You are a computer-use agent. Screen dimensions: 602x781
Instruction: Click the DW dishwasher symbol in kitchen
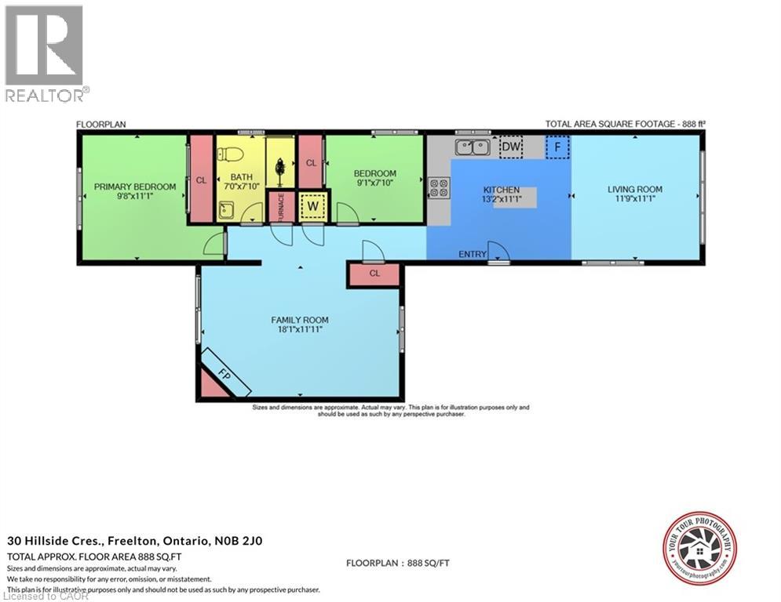(511, 147)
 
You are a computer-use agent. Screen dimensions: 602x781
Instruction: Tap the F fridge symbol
(557, 147)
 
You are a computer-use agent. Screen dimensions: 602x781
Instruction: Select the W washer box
(312, 206)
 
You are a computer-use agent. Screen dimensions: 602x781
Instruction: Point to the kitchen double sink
(474, 147)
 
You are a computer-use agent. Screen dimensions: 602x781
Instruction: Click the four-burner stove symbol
(439, 187)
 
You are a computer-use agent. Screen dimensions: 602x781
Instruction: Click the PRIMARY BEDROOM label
(135, 187)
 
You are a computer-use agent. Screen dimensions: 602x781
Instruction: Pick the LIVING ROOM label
(635, 189)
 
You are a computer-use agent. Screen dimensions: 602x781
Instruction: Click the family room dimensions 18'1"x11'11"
(300, 330)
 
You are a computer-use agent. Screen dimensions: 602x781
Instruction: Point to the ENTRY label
(471, 254)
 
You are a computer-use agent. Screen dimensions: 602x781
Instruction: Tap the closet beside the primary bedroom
(201, 180)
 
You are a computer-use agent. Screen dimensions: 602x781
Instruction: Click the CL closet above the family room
(374, 274)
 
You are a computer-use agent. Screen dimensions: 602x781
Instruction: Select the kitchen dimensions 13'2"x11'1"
(502, 200)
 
